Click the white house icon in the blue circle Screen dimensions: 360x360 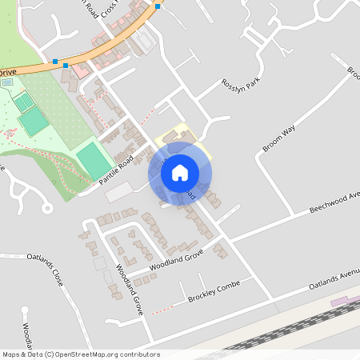click(180, 172)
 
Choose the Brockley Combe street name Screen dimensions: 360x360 click(213, 292)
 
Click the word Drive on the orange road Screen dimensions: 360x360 click(7, 72)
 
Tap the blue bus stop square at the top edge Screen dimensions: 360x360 click(158, 6)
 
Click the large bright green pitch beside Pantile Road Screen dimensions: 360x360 click(94, 160)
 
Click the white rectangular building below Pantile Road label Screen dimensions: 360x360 click(120, 191)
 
